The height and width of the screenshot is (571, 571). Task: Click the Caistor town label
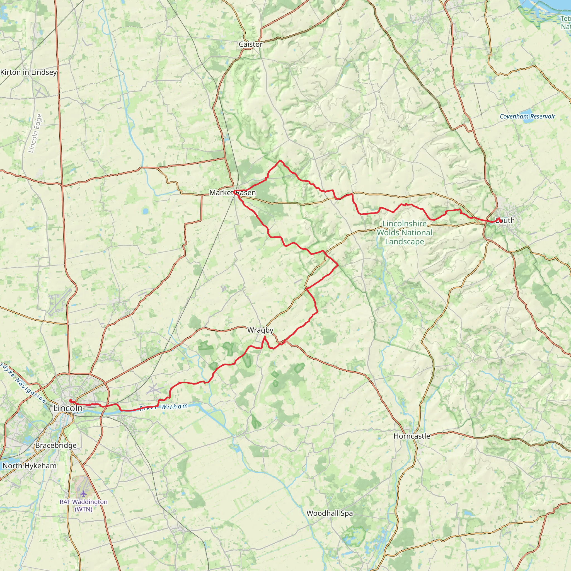coord(251,44)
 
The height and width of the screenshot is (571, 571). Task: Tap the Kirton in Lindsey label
coord(29,72)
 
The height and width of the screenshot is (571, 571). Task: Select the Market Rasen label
coord(233,193)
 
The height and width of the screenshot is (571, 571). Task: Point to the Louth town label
coord(505,221)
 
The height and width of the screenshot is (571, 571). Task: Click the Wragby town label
coord(260,330)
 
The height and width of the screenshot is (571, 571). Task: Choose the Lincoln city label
coord(68,408)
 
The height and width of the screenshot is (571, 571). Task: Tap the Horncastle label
coord(412,436)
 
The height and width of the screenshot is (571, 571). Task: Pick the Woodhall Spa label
coord(330,513)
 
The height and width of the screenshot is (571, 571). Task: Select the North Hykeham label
coord(29,466)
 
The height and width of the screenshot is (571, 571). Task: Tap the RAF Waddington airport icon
coord(84,493)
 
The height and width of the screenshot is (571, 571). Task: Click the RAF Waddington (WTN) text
coord(84,505)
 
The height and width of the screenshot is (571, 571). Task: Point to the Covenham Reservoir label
coord(527,117)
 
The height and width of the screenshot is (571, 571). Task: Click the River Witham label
coord(164,407)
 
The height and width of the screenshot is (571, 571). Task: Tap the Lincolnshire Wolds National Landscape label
coord(404,233)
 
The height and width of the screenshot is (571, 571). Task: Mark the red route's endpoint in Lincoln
coord(70,400)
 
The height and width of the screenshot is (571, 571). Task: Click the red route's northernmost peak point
coord(280,161)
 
